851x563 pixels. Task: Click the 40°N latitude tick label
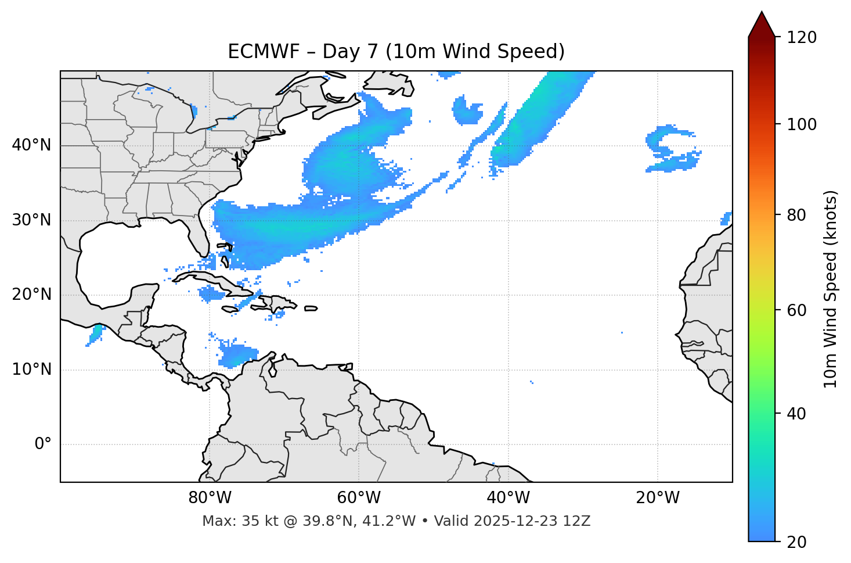tap(31, 145)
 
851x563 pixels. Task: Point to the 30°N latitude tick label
tap(31, 220)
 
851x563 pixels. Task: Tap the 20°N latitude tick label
tap(31, 295)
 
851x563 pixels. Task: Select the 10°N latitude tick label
tap(31, 370)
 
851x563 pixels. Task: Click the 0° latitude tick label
tap(43, 444)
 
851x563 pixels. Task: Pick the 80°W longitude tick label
tap(210, 498)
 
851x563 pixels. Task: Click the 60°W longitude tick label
tap(359, 498)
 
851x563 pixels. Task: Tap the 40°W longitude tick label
tap(508, 498)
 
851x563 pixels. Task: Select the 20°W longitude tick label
tap(658, 498)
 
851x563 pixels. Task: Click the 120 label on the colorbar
tap(802, 38)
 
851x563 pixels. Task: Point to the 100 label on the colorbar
tap(802, 124)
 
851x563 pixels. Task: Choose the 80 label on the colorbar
tap(798, 215)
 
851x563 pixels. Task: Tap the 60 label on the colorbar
tap(798, 310)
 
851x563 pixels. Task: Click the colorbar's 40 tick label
tap(798, 414)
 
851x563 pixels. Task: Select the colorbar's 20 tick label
tap(798, 542)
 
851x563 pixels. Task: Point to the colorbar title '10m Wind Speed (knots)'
tap(831, 289)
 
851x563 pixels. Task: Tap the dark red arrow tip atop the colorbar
tap(762, 23)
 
